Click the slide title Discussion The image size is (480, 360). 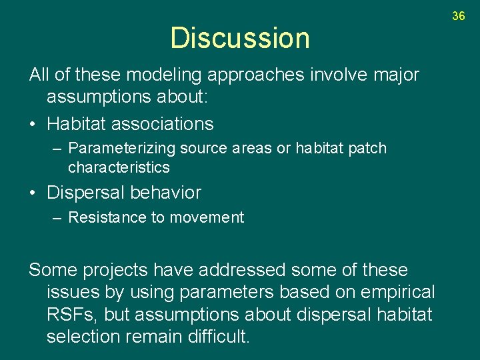pos(240,38)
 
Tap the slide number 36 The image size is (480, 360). pos(458,15)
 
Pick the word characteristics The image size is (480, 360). pos(119,167)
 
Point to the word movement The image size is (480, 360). pos(208,217)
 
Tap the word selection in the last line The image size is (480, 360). pos(83,337)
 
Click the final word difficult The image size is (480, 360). pos(215,337)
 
